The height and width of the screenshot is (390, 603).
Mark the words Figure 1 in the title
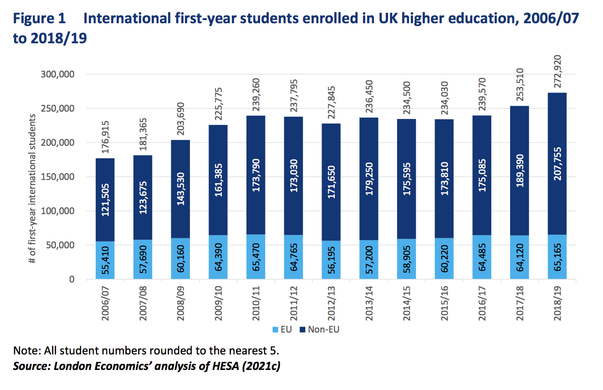pos(40,19)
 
